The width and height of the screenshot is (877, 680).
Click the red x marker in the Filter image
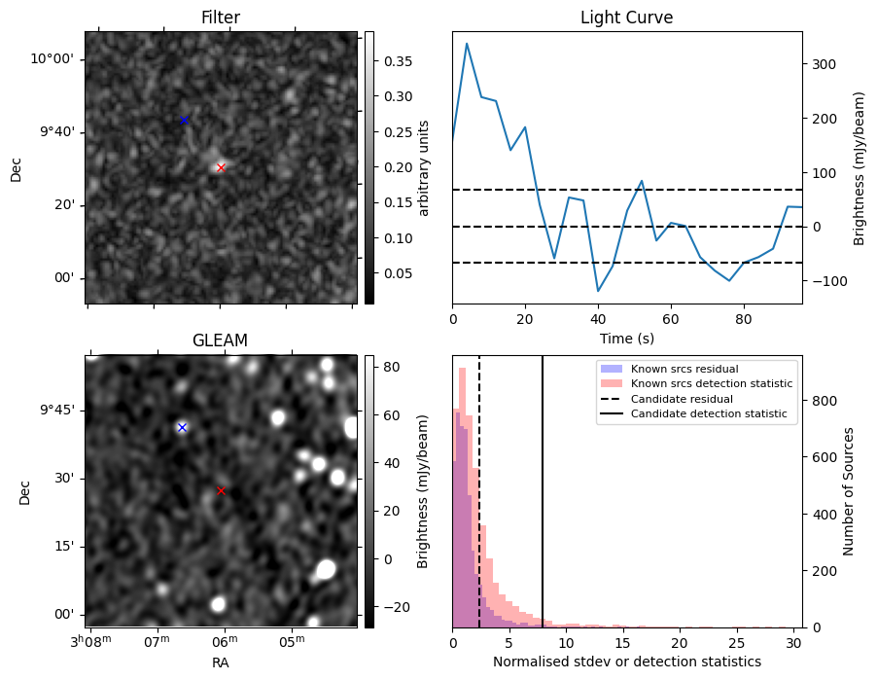click(x=221, y=167)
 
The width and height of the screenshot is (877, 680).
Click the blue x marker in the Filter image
click(x=184, y=120)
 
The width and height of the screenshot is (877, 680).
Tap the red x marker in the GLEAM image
click(x=221, y=490)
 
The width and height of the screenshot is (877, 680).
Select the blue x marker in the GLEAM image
click(x=182, y=427)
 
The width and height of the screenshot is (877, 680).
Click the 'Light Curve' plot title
click(x=626, y=18)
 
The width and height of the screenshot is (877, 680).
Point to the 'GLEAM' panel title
click(x=221, y=340)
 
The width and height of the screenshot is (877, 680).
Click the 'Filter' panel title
click(x=221, y=18)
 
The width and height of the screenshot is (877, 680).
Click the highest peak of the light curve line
click(x=467, y=44)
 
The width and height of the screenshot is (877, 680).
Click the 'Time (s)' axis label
click(x=626, y=338)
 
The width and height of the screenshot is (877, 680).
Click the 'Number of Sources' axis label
click(x=849, y=491)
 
